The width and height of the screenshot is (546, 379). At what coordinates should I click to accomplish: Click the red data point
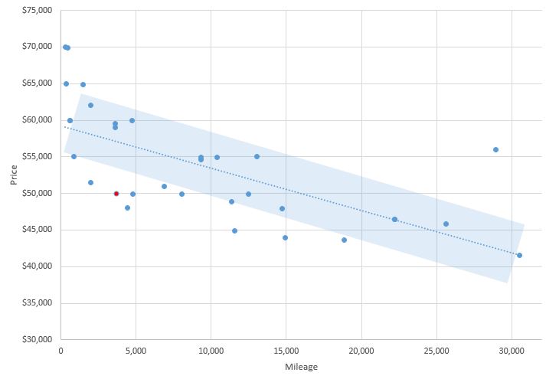point(116,194)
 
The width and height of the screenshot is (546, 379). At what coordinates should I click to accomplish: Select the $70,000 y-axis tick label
point(36,47)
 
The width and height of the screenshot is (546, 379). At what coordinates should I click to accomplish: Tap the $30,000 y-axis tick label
point(36,339)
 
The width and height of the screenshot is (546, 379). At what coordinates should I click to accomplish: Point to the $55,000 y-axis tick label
point(36,156)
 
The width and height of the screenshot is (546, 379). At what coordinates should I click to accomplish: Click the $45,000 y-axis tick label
point(36,230)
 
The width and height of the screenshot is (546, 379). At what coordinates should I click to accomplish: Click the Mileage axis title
point(300,367)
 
